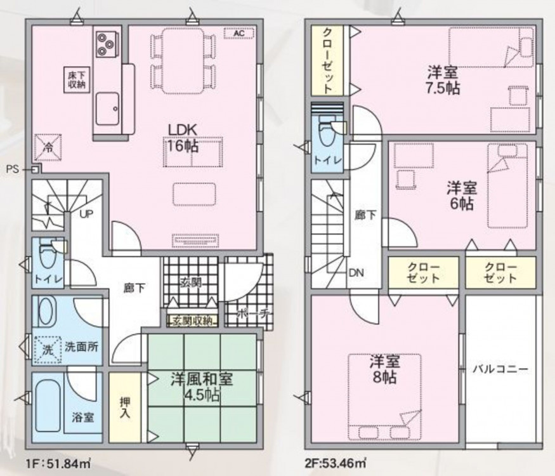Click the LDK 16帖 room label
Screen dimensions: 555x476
pyautogui.click(x=183, y=138)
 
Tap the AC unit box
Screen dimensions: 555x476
pyautogui.click(x=239, y=33)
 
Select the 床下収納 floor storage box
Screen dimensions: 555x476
pyautogui.click(x=77, y=80)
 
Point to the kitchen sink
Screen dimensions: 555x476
pyautogui.click(x=108, y=109)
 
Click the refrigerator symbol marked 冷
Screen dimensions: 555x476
pyautogui.click(x=48, y=148)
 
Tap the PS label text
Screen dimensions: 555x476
pyautogui.click(x=13, y=169)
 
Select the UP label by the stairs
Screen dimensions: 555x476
pyautogui.click(x=86, y=215)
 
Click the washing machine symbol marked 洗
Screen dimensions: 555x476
pyautogui.click(x=48, y=349)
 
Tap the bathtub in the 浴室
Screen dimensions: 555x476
pyautogui.click(x=48, y=406)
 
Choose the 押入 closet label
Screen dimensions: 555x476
pyautogui.click(x=124, y=407)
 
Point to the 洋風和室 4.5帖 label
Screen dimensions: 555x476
pyautogui.click(x=202, y=387)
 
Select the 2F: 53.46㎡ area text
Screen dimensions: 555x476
pyautogui.click(x=336, y=463)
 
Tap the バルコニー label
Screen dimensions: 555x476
pyautogui.click(x=501, y=369)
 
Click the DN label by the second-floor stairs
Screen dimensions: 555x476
pyautogui.click(x=356, y=273)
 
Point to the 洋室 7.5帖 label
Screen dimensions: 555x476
pyautogui.click(x=443, y=81)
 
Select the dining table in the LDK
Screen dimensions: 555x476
pyautogui.click(x=183, y=60)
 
